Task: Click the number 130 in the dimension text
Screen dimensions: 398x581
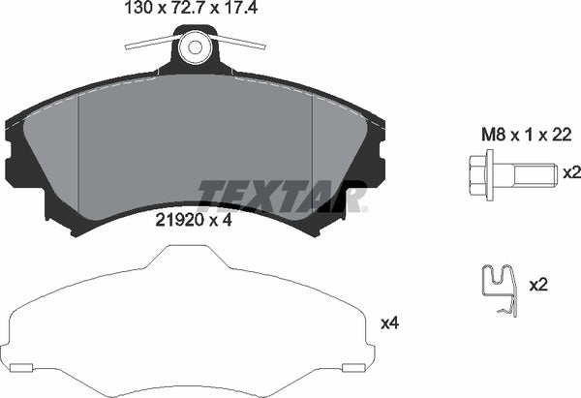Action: coord(138,12)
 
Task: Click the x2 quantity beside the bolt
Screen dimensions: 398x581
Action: coord(571,172)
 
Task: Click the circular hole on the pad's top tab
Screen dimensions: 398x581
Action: coord(197,46)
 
